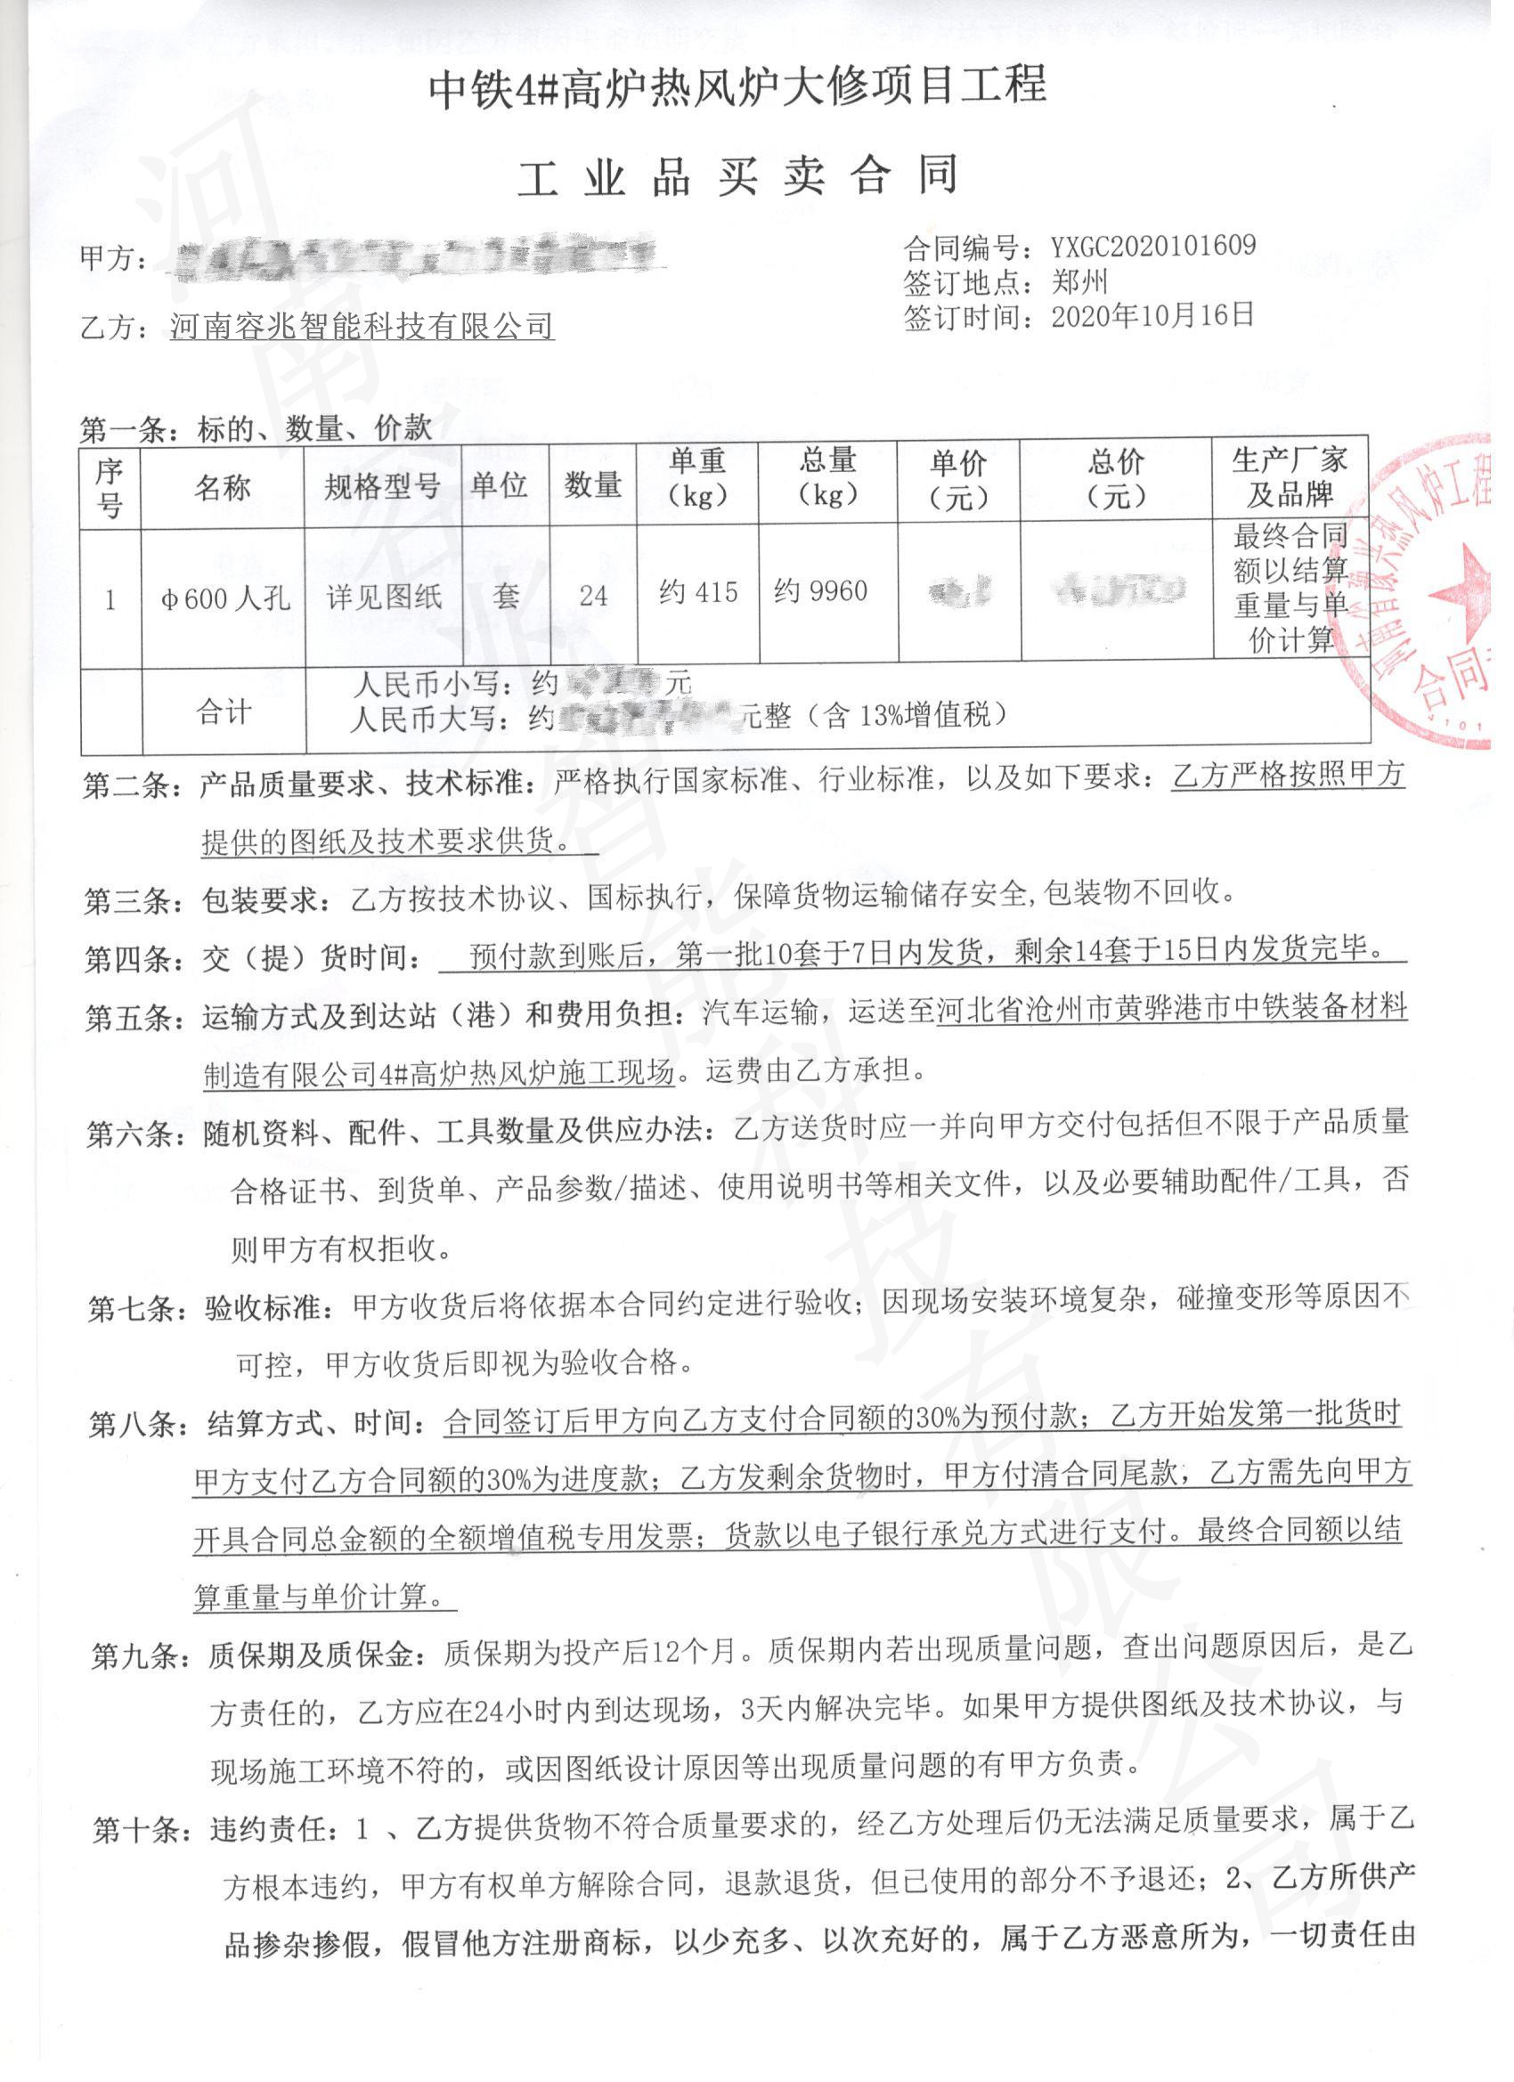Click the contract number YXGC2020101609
coord(1152,245)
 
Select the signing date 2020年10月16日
coord(1152,316)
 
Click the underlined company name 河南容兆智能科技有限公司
coord(362,326)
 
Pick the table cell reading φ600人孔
coord(225,598)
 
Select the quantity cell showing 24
coord(593,596)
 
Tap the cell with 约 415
coord(698,593)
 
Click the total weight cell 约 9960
coord(821,591)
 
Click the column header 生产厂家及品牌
coord(1289,478)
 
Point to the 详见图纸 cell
coord(385,598)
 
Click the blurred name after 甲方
coord(418,260)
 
